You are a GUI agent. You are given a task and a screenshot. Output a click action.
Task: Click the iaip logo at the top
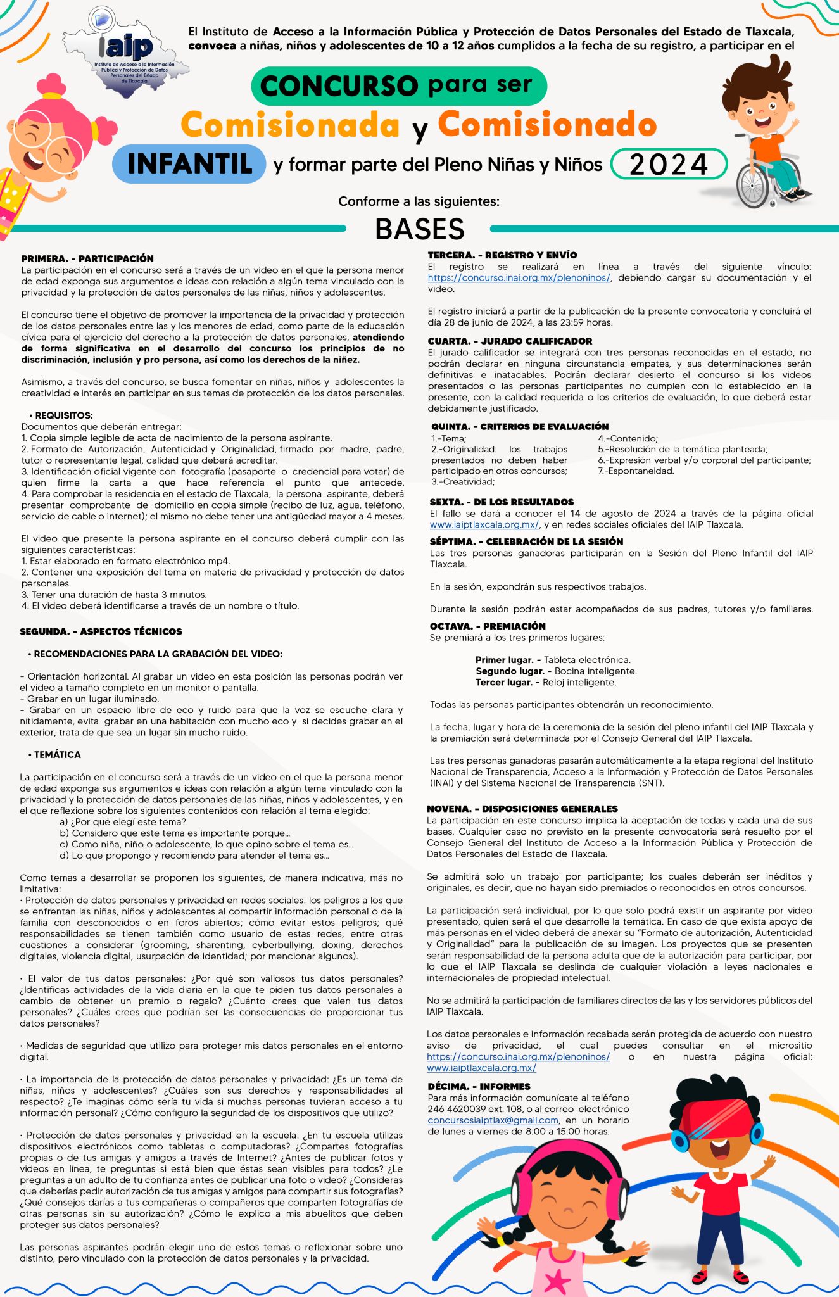(x=127, y=47)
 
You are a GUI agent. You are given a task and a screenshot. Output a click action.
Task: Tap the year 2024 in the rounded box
(x=669, y=165)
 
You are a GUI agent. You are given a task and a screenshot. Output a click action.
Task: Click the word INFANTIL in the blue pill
(x=189, y=164)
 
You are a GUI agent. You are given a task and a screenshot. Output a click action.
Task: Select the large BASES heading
(x=419, y=229)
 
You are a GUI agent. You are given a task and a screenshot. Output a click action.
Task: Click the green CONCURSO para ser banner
(x=398, y=85)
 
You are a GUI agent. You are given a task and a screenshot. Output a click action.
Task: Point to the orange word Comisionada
(x=290, y=125)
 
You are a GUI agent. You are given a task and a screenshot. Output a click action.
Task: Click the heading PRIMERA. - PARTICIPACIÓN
(x=87, y=258)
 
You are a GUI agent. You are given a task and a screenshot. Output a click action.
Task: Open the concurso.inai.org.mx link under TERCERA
(x=519, y=278)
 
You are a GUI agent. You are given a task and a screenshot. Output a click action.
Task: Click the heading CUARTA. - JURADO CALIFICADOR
(x=510, y=341)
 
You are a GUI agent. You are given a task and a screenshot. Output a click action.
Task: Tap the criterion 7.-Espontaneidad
(x=636, y=471)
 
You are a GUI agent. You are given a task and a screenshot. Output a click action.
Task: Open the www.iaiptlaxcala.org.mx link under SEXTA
(x=484, y=524)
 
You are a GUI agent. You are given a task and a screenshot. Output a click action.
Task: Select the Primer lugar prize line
(x=552, y=660)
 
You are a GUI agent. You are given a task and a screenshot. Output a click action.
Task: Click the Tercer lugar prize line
(x=545, y=682)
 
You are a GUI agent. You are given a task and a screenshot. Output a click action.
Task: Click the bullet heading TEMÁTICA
(x=57, y=755)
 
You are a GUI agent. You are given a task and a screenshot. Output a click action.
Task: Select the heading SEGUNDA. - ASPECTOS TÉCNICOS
(x=101, y=631)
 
